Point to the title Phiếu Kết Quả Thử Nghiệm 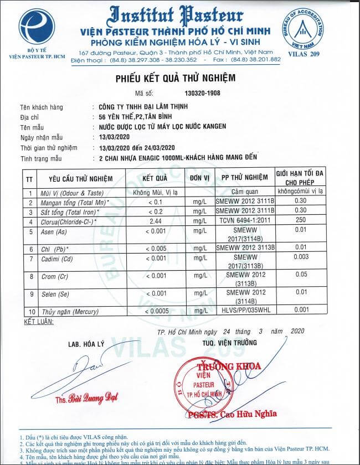coord(175,77)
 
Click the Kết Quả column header coord(155,178)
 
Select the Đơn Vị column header coord(199,178)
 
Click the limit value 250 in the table coord(300,221)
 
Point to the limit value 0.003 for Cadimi coord(300,257)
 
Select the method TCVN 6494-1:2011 coord(244,221)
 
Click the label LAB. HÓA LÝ coord(84,343)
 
